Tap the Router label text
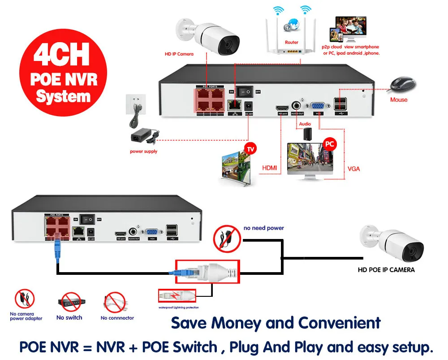coord(292,43)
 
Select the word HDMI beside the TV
coord(269,168)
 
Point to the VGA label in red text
coord(354,169)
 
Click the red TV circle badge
coord(249,147)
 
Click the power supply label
coord(143,152)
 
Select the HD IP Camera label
coord(179,54)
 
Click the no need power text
coord(263,228)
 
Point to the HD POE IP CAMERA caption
coord(386,270)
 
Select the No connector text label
coord(117,318)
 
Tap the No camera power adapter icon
coord(25,299)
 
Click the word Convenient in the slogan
coord(340,323)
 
